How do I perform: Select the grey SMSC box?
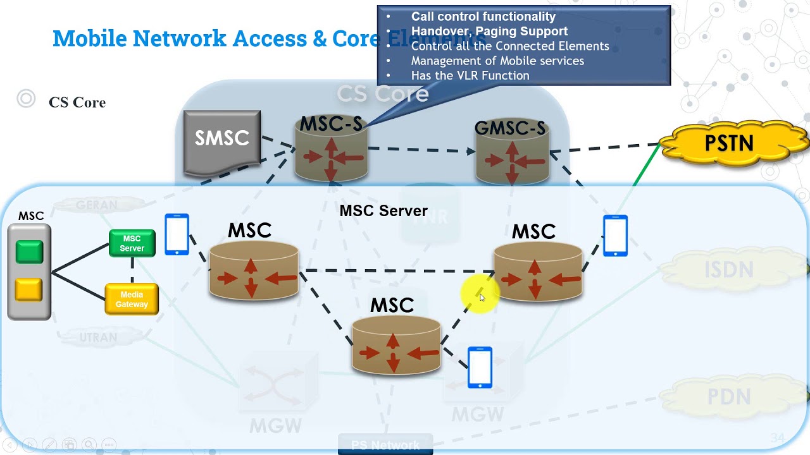(x=221, y=140)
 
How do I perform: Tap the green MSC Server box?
(x=132, y=243)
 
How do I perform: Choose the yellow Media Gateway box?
(x=132, y=300)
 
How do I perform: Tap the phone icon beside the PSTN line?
(x=615, y=236)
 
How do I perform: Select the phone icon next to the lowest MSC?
(x=480, y=367)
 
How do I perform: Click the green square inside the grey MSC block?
(x=29, y=252)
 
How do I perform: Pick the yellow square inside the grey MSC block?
(x=28, y=290)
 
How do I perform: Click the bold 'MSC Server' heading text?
(x=383, y=211)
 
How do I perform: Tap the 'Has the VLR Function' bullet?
(x=470, y=75)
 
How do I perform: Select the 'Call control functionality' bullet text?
(x=483, y=17)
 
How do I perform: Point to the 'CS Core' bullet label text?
(x=77, y=102)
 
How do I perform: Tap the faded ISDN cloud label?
(x=729, y=270)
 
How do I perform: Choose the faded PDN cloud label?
(x=729, y=397)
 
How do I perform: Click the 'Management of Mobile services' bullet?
(x=497, y=61)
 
